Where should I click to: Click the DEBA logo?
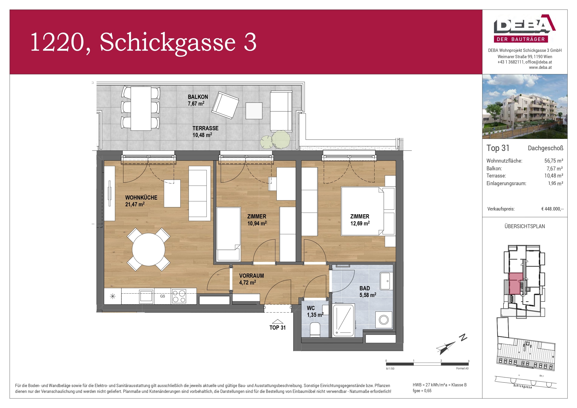coord(524,28)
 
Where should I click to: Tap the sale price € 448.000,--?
coord(552,209)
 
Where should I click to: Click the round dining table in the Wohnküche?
coord(148,249)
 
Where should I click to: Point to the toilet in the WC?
coord(315,330)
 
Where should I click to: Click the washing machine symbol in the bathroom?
coord(384,320)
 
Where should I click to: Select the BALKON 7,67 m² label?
coord(197,100)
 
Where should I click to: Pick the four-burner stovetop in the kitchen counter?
coord(179,296)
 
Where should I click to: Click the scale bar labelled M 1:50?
coord(427,364)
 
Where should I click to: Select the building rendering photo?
coord(524,106)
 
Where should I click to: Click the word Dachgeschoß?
coord(545,148)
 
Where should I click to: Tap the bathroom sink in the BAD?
coord(386,281)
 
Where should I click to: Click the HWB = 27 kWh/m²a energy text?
coord(439,385)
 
